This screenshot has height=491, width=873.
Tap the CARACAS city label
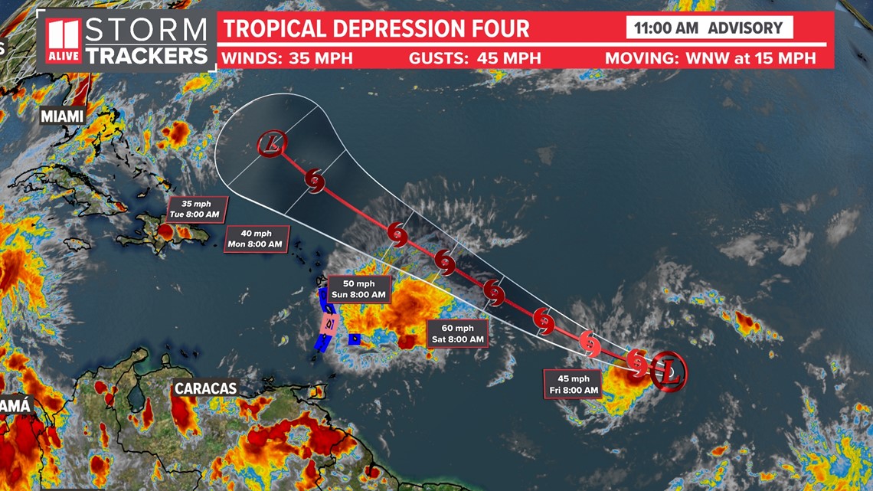pos(204,388)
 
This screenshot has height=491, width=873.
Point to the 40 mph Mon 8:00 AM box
pos(255,239)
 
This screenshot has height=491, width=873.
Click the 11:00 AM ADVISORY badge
pos(709,28)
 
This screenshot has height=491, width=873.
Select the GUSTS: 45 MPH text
pos(475,58)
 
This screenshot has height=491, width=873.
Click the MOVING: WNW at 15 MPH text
pos(710,58)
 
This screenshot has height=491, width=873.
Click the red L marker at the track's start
pos(669,373)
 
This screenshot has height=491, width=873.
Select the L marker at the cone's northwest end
pos(272,142)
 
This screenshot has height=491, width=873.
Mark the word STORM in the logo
pos(145,30)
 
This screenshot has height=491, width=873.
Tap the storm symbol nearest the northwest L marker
pos(315,180)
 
